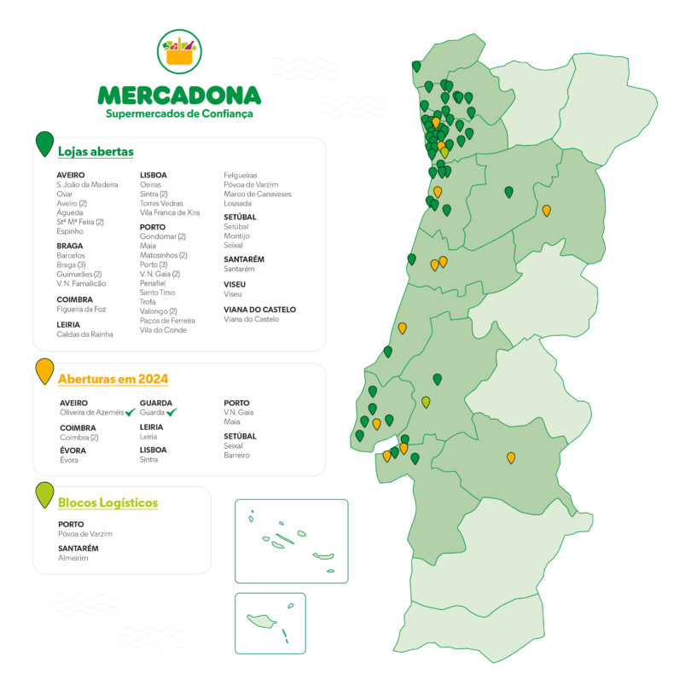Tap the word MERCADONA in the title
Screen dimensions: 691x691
pos(179,94)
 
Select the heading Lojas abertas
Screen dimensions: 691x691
pos(96,152)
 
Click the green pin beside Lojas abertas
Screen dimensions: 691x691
pos(44,143)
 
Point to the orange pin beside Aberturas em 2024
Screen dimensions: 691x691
pos(44,371)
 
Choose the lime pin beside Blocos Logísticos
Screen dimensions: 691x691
pos(44,495)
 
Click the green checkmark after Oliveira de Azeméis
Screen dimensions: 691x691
pos(131,412)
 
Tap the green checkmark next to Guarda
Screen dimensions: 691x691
pos(172,412)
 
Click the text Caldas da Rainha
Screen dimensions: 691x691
pos(84,334)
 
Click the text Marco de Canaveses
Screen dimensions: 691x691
pos(257,194)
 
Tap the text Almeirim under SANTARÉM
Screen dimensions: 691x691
pos(73,558)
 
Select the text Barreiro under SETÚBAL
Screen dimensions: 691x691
pos(237,455)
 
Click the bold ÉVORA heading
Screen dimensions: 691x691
pos(73,450)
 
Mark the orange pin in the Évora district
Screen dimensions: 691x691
pos(511,458)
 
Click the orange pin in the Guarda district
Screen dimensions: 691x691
pos(547,210)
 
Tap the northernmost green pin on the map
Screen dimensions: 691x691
pos(416,66)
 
